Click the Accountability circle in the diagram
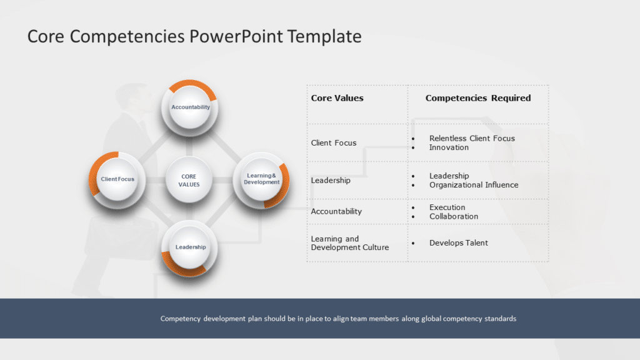point(191,107)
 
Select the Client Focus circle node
point(117,179)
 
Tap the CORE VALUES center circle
point(189,181)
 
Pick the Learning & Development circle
point(261,179)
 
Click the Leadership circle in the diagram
point(191,247)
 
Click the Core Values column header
point(337,98)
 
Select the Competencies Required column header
point(478,98)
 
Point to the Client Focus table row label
point(334,143)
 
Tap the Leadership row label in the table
point(331,181)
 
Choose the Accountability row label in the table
point(336,211)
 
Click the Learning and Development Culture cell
point(349,243)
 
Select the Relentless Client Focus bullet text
point(472,138)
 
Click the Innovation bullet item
point(449,147)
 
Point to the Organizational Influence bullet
point(474,185)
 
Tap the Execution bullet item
point(447,207)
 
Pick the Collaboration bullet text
point(454,216)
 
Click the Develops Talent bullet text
point(458,242)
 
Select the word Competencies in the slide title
point(127,36)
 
